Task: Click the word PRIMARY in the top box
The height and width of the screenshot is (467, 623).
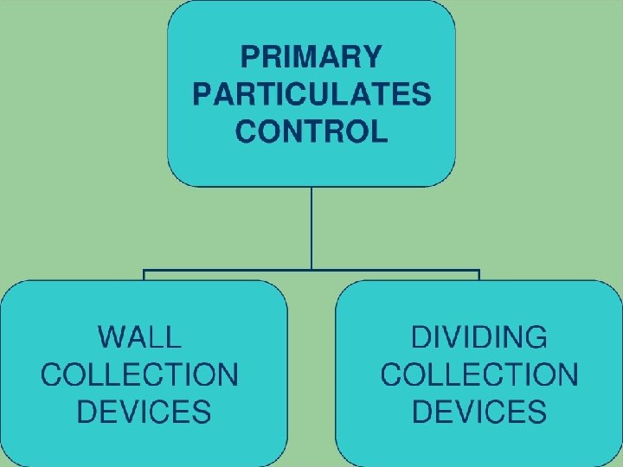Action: pyautogui.click(x=311, y=58)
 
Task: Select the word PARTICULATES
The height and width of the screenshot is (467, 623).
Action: pyautogui.click(x=311, y=94)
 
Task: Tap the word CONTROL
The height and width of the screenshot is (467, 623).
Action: pyautogui.click(x=311, y=131)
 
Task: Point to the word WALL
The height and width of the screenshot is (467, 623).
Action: pyautogui.click(x=140, y=336)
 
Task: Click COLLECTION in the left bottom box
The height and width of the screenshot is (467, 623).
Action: pyautogui.click(x=140, y=374)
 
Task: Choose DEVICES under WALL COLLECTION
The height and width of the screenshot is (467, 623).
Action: pyautogui.click(x=144, y=412)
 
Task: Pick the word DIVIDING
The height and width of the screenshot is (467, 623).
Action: pyautogui.click(x=478, y=336)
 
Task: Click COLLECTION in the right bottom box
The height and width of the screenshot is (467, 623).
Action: pyautogui.click(x=478, y=374)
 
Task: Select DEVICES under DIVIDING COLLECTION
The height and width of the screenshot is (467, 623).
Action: pyautogui.click(x=478, y=412)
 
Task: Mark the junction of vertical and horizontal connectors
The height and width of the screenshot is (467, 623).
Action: pyautogui.click(x=311, y=271)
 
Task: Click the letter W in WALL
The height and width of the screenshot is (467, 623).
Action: pyautogui.click(x=114, y=336)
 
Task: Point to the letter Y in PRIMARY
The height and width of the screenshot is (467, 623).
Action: pyautogui.click(x=369, y=58)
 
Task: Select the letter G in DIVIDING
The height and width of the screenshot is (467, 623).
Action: pyautogui.click(x=535, y=336)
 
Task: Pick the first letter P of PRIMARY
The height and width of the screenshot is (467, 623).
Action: pyautogui.click(x=250, y=58)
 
